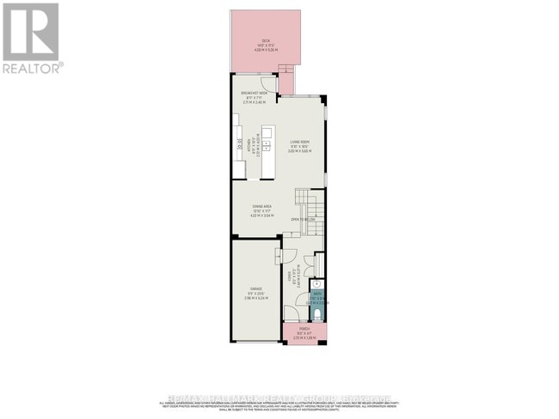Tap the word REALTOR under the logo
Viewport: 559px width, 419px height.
pos(32,67)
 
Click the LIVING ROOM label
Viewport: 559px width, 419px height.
pos(298,143)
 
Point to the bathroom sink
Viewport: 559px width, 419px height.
pos(316,283)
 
